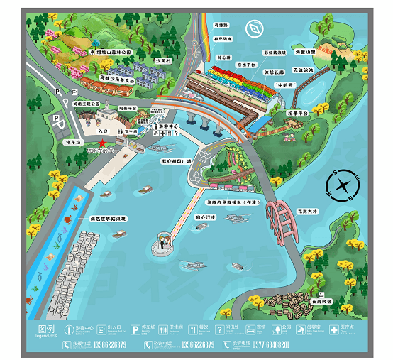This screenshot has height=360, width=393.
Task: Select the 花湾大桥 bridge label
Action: pyautogui.click(x=307, y=212)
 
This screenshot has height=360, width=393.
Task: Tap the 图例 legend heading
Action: pyautogui.click(x=46, y=329)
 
